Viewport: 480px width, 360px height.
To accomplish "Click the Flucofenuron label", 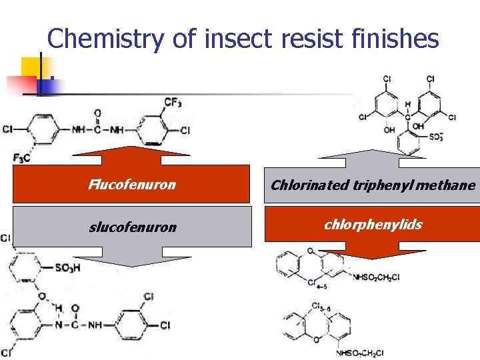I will pos(132,185).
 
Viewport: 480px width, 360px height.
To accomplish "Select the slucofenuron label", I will pos(133,227).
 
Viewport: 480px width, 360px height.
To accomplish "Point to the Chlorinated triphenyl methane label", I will pos(373,185).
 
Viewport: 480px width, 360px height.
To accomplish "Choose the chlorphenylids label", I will pos(373,224).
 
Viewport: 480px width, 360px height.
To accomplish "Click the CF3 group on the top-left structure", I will pos(173,102).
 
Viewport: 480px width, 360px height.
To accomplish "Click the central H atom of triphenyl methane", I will pos(407,105).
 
